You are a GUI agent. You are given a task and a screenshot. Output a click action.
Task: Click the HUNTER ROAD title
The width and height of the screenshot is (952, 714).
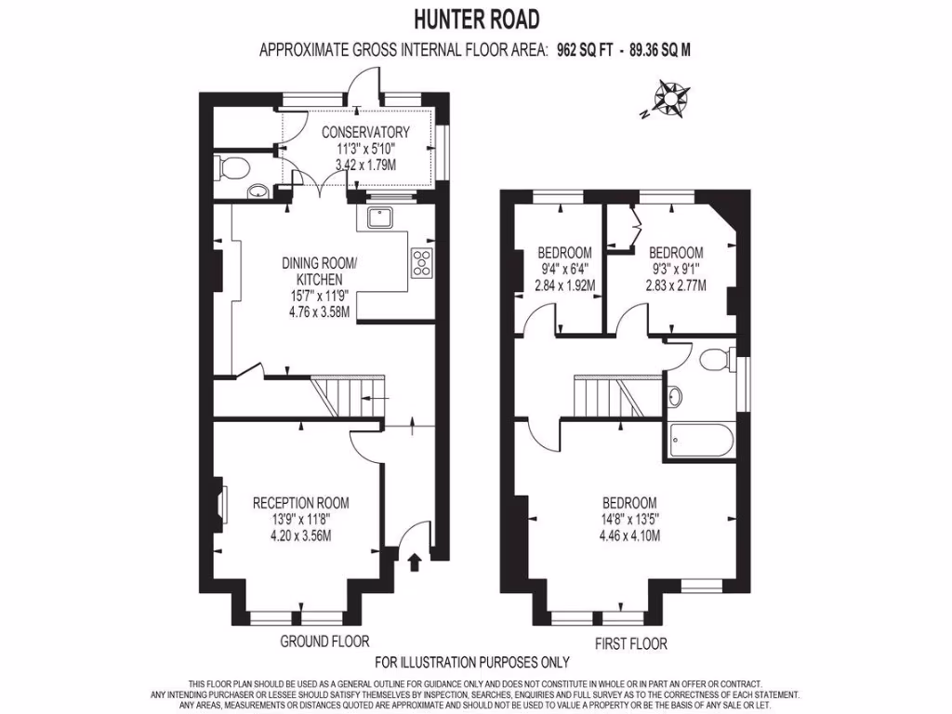[475, 19]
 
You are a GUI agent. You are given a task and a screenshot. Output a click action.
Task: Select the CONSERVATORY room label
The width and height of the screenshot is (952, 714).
[372, 132]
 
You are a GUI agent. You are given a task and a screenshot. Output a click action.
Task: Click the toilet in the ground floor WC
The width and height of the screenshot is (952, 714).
[232, 168]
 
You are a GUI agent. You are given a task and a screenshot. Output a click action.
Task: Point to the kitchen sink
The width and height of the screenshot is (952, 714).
[380, 218]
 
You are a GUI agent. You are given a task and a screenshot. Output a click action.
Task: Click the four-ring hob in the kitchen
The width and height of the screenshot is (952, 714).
[421, 263]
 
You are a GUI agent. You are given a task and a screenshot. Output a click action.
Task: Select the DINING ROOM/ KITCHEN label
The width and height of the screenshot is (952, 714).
[319, 271]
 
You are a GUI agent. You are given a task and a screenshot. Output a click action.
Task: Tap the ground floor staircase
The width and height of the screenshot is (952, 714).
[346, 396]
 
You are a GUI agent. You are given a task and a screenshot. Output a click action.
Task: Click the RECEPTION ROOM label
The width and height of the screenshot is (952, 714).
[301, 503]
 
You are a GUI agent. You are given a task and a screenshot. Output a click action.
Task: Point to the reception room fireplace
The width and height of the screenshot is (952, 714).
[221, 508]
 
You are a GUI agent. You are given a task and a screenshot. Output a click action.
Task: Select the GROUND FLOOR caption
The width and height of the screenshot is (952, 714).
[324, 641]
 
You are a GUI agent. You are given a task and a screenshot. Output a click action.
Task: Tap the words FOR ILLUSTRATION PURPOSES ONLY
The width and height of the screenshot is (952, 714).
[471, 663]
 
